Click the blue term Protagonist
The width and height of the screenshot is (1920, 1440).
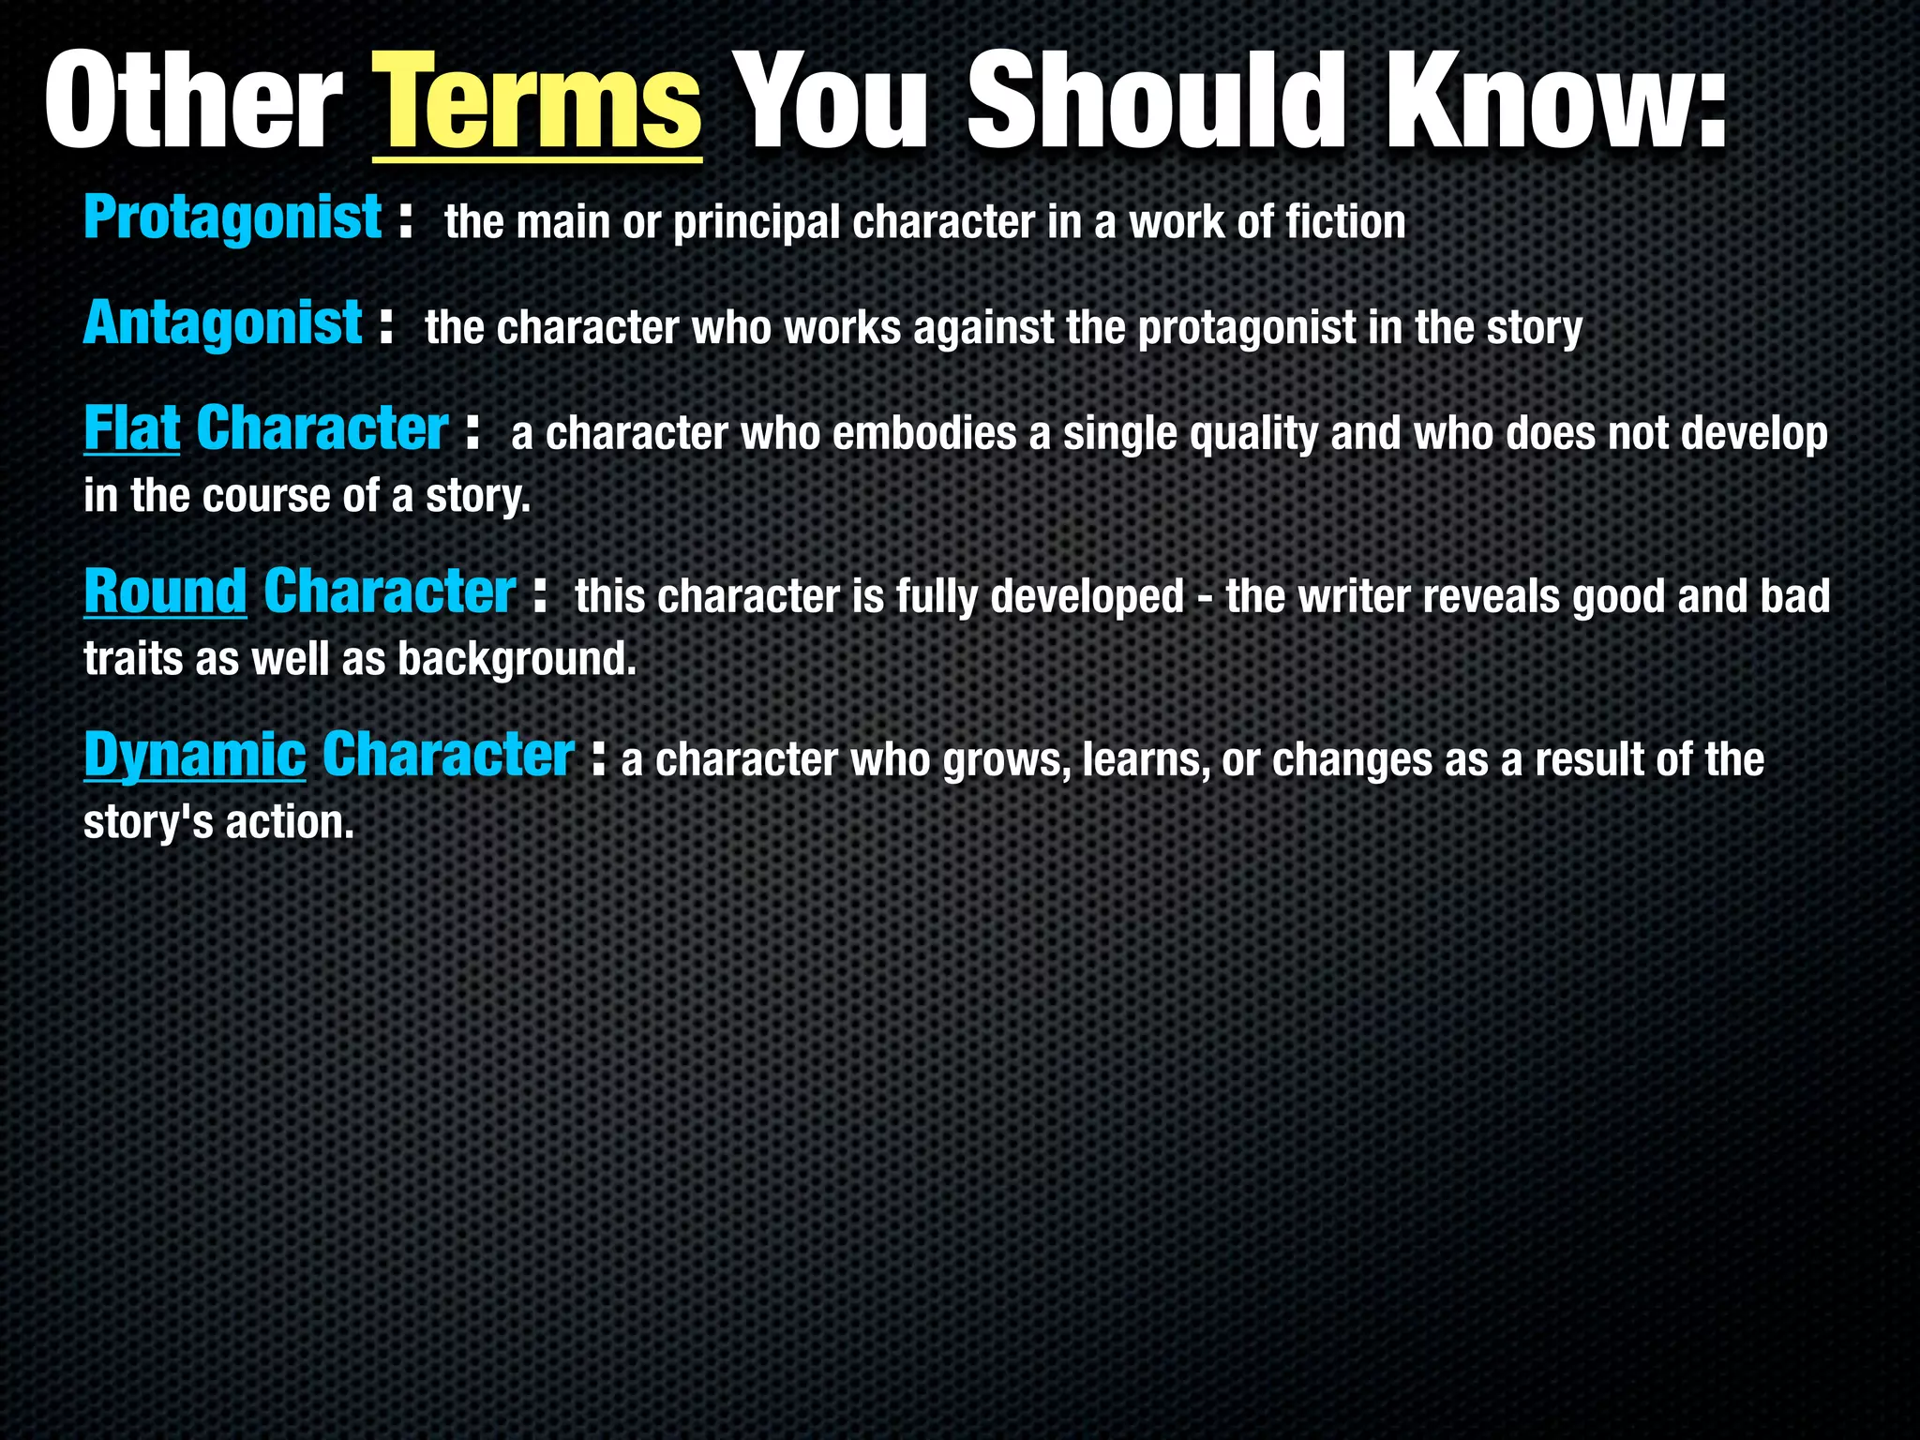(232, 217)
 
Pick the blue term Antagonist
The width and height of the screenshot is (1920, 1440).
(222, 323)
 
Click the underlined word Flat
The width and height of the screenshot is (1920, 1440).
(131, 429)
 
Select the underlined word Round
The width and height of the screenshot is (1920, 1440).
(165, 592)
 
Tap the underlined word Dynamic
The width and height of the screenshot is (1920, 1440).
(194, 756)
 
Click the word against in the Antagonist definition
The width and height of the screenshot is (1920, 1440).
(983, 328)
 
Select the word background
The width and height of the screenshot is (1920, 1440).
(517, 660)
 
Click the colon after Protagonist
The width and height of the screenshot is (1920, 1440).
(405, 222)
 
